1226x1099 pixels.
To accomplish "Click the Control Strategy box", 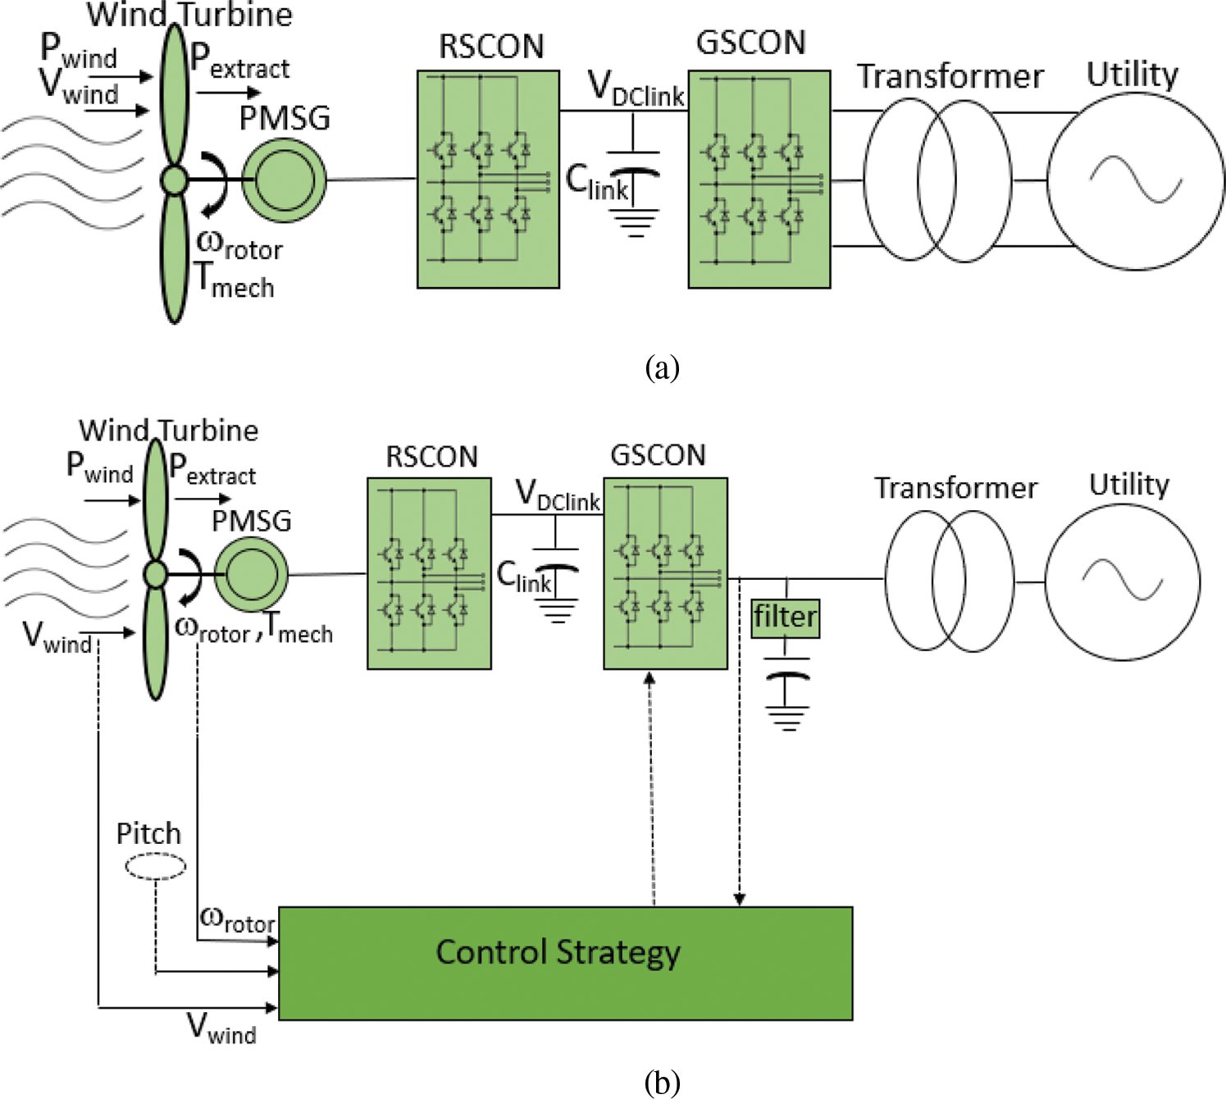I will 565,963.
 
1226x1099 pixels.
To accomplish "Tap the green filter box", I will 786,618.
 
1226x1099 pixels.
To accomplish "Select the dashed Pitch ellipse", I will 155,866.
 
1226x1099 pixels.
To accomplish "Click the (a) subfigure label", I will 662,367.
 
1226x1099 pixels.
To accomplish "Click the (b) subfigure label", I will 662,1083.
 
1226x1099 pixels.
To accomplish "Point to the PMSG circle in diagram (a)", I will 285,180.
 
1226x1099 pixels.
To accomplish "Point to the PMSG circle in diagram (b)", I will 251,574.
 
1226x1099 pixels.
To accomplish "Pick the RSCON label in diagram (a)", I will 491,47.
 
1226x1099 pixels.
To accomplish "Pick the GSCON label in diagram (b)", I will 658,455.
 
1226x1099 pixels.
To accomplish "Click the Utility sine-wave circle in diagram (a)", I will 1136,180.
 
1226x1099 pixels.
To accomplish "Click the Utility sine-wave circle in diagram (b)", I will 1123,581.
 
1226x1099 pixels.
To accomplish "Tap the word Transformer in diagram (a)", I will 950,76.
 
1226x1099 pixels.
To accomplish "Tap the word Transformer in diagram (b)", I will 955,488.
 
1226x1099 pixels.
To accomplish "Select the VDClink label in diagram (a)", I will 636,89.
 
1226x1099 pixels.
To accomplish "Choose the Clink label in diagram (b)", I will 524,577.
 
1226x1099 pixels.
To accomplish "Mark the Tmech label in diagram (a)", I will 235,280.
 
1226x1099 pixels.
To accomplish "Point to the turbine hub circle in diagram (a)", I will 174,180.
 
